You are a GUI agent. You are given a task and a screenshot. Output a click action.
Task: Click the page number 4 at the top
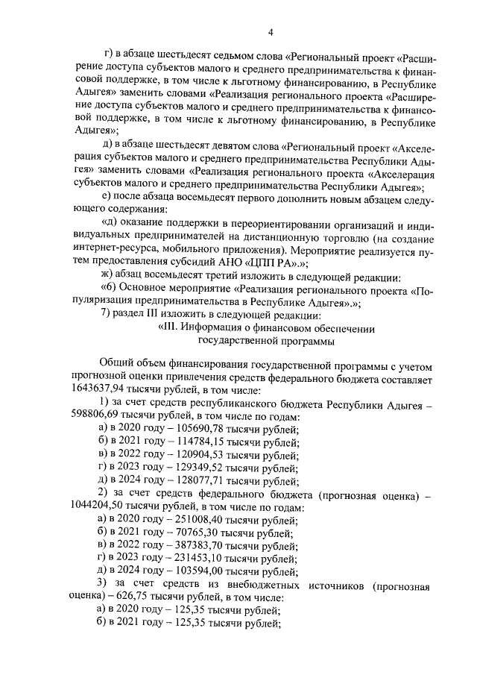[271, 31]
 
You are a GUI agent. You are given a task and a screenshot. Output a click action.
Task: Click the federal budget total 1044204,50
[101, 509]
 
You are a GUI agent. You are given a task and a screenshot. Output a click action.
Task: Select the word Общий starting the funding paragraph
[116, 363]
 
